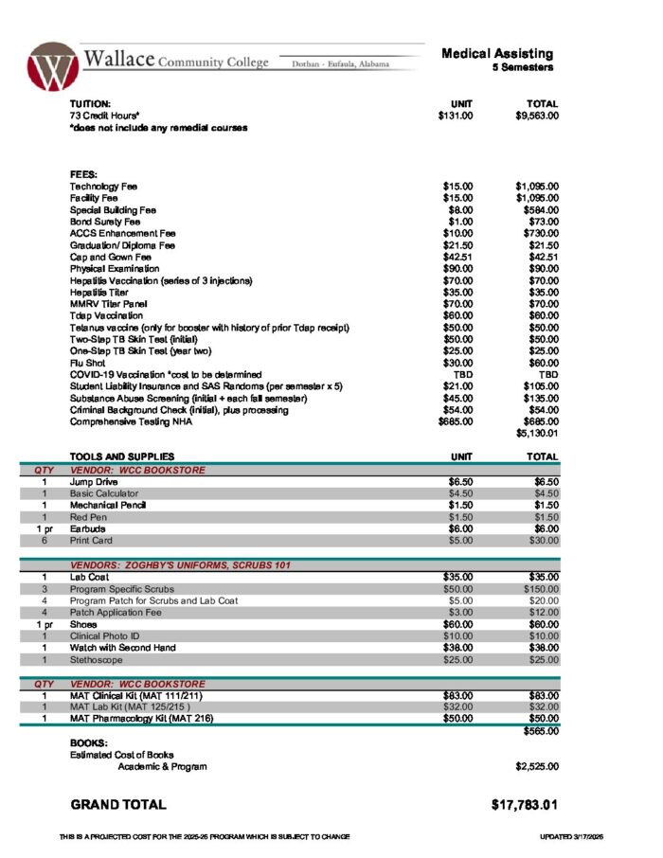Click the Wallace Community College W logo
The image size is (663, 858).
tap(52, 66)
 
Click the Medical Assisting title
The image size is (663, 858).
tap(497, 54)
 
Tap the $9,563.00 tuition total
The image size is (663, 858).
tap(537, 116)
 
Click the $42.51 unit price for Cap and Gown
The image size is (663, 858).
tap(457, 257)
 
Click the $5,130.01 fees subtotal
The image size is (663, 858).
tap(537, 434)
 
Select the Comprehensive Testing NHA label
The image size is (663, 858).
tap(131, 421)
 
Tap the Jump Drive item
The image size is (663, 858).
tap(93, 482)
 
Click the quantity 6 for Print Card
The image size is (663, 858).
tap(44, 541)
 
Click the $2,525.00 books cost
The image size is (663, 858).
tap(537, 766)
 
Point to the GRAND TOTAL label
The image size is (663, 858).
tap(118, 805)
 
